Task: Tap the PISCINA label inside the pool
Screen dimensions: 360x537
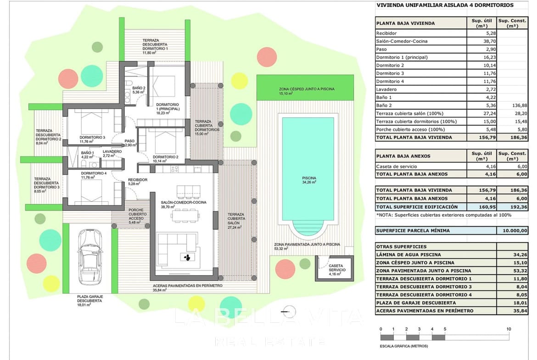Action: (308, 178)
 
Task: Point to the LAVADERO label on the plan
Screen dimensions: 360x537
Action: (112, 151)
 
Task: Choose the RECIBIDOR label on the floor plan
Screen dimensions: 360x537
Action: (137, 180)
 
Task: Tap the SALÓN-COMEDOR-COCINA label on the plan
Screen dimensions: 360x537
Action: (184, 202)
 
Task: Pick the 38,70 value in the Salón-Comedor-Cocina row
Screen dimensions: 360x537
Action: (484, 41)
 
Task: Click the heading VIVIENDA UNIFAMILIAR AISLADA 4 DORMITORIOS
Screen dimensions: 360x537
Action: (445, 6)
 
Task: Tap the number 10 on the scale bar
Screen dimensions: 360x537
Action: (509, 329)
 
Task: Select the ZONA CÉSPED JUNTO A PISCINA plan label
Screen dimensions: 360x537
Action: (306, 89)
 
